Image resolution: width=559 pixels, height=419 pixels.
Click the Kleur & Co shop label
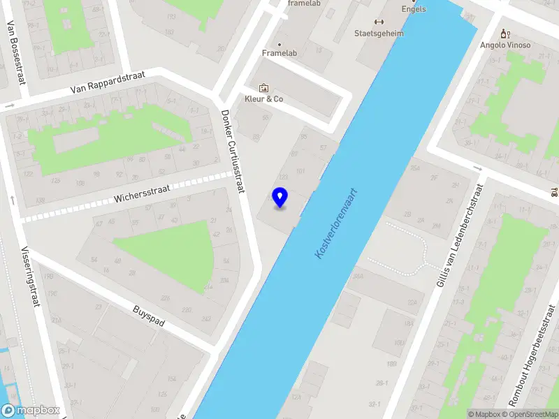coord(263,99)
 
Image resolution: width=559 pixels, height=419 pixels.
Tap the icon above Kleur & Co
coord(263,87)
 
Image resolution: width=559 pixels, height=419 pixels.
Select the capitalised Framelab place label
coord(280,53)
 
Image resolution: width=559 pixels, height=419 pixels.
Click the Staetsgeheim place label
coord(379,33)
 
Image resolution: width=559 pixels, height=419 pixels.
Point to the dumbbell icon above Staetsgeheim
coord(379,22)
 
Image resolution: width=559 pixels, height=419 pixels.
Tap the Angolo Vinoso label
coord(505,45)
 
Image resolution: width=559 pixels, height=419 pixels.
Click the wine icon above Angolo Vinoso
coord(505,34)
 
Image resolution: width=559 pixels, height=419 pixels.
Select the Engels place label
coord(414,9)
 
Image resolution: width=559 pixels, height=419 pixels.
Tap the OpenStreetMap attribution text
coord(530,414)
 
